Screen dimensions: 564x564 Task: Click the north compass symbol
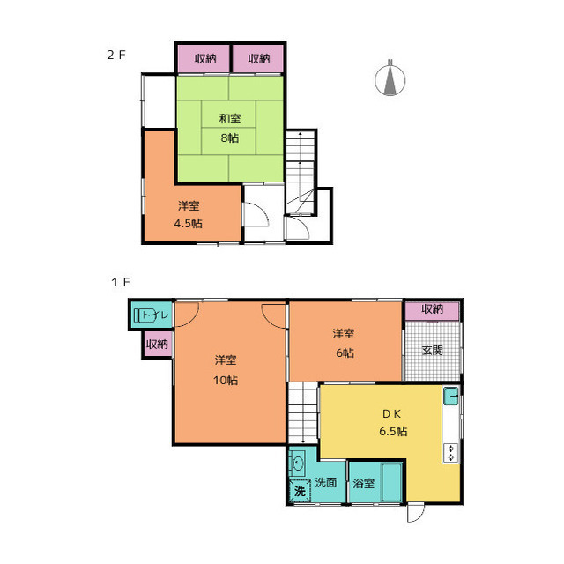click(x=390, y=78)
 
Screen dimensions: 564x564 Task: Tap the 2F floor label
click(x=116, y=55)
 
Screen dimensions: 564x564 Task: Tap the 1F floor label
click(x=120, y=282)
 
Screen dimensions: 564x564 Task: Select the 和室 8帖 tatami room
click(x=230, y=129)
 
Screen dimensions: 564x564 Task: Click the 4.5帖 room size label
click(x=188, y=223)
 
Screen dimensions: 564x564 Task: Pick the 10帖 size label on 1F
click(x=226, y=380)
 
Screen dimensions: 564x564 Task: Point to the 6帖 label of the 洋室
click(x=345, y=352)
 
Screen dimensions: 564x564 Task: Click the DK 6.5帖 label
click(x=393, y=422)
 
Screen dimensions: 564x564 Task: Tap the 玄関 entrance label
click(x=432, y=350)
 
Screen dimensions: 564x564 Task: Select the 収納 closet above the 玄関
click(x=432, y=310)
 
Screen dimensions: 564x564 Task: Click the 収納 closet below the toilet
click(x=157, y=345)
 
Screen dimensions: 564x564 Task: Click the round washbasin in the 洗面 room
click(x=298, y=463)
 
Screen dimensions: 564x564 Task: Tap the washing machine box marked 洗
click(x=300, y=491)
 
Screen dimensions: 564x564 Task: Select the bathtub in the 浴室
click(x=391, y=482)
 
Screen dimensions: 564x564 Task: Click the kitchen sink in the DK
click(x=450, y=396)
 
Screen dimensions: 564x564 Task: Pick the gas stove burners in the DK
click(x=451, y=453)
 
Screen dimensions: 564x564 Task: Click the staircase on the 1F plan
click(x=303, y=412)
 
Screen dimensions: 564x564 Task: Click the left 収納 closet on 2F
click(x=204, y=58)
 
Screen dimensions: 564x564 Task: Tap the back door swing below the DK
click(x=415, y=513)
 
